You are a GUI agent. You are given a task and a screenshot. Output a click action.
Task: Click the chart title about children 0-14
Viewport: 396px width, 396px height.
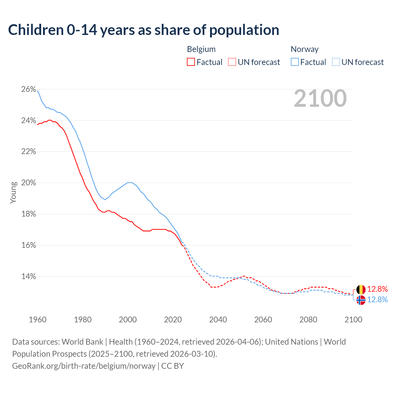[x=144, y=30]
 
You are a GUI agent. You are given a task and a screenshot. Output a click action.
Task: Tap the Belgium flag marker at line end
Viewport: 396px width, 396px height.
[x=361, y=290]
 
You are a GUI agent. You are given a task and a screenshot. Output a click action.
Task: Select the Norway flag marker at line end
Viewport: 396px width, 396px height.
[x=361, y=300]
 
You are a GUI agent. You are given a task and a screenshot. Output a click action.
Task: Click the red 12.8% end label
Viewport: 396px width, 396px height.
[x=377, y=289]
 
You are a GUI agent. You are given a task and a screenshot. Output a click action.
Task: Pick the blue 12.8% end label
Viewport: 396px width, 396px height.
[x=377, y=300]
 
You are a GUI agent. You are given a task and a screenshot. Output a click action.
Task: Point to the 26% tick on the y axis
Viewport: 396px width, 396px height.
[x=28, y=89]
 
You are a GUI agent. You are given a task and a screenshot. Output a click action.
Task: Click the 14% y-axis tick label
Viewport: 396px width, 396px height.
[x=28, y=277]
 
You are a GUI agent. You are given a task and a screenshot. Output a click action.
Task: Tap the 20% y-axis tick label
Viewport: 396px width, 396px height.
[x=28, y=183]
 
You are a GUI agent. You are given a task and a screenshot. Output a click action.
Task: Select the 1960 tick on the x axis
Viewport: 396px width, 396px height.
[x=37, y=320]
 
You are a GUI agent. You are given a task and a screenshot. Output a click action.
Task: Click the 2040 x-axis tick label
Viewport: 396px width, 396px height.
[x=218, y=320]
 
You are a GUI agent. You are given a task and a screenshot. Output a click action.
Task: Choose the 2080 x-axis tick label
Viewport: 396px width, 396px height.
[x=308, y=320]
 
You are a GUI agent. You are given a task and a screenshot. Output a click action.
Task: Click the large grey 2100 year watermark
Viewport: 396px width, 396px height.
[x=320, y=98]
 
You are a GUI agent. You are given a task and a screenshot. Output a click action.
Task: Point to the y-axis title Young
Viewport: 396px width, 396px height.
[x=13, y=192]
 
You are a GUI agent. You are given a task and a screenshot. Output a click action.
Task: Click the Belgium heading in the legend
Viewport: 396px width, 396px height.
[x=201, y=49]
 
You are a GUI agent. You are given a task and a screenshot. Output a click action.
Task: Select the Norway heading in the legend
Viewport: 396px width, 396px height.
[x=304, y=49]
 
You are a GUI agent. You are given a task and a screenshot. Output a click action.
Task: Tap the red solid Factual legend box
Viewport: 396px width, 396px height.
[x=191, y=62]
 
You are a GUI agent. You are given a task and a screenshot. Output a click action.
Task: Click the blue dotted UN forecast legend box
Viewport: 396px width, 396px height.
[x=336, y=62]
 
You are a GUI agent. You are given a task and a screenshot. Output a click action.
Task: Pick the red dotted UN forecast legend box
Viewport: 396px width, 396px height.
[x=232, y=62]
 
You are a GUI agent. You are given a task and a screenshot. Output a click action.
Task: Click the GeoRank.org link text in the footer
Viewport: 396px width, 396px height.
[x=84, y=366]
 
